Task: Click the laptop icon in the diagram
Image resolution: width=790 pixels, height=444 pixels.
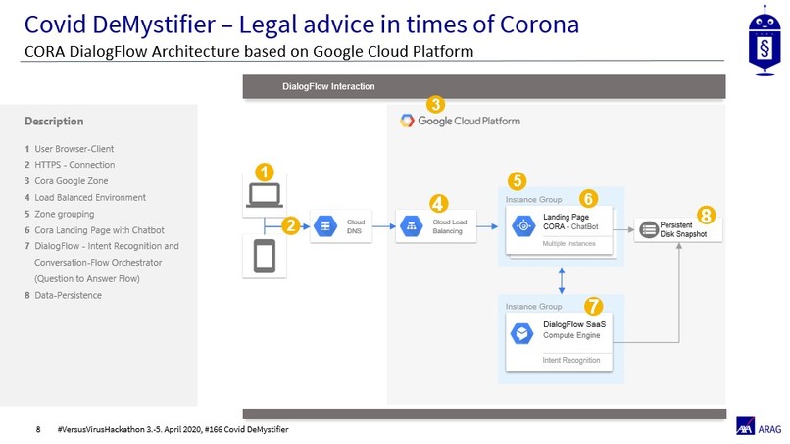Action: click(x=265, y=196)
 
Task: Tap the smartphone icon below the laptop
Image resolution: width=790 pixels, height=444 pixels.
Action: click(x=265, y=256)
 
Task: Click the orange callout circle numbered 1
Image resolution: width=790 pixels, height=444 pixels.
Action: click(x=264, y=172)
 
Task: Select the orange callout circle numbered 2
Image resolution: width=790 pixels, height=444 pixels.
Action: click(x=290, y=225)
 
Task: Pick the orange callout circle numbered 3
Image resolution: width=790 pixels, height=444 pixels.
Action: click(x=435, y=103)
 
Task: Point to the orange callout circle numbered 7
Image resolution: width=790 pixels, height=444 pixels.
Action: click(x=593, y=307)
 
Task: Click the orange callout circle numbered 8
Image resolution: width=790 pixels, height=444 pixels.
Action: click(x=706, y=215)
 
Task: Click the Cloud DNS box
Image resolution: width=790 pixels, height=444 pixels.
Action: click(x=341, y=227)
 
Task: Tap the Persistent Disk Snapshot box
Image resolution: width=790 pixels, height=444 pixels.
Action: click(x=678, y=229)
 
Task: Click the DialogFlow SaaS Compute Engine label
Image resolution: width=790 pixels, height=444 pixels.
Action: click(x=573, y=330)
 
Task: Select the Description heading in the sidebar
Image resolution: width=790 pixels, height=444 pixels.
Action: click(x=54, y=122)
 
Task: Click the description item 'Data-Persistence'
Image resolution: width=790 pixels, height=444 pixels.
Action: click(x=68, y=295)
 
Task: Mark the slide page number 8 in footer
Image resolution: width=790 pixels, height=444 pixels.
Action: click(x=38, y=429)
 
